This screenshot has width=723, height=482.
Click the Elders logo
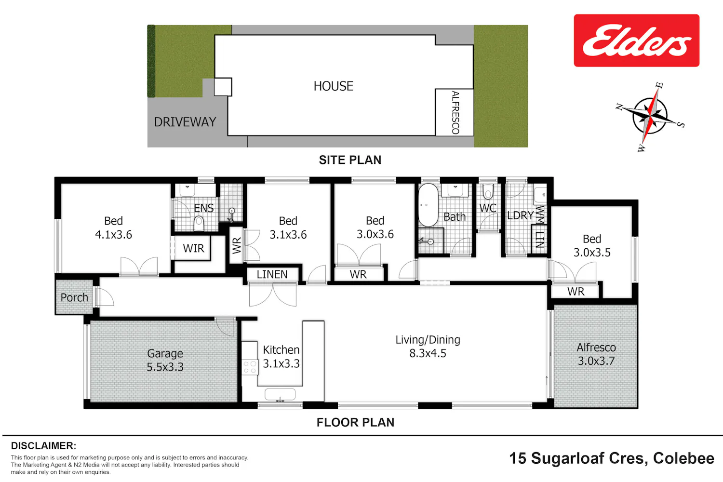click(637, 40)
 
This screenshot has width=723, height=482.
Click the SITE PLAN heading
click(350, 160)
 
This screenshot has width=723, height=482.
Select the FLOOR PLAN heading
click(355, 422)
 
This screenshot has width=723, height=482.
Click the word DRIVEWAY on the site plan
click(185, 122)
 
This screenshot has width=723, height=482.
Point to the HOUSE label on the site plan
click(334, 86)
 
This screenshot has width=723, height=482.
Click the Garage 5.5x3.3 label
click(165, 360)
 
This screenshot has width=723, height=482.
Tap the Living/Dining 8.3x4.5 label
click(428, 347)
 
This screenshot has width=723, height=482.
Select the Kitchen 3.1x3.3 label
click(281, 357)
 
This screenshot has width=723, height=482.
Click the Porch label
click(74, 297)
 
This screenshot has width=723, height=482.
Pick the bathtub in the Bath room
click(428, 205)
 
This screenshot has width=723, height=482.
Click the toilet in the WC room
click(488, 192)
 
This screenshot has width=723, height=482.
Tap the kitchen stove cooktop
click(250, 367)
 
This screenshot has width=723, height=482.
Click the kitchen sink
click(280, 394)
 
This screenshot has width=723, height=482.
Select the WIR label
click(193, 248)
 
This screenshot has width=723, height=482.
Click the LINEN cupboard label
click(272, 274)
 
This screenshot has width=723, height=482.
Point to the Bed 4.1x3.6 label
click(114, 228)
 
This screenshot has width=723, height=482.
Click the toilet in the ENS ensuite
click(199, 223)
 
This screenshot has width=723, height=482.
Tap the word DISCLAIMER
click(43, 446)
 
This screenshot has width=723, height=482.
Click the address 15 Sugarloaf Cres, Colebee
click(612, 458)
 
